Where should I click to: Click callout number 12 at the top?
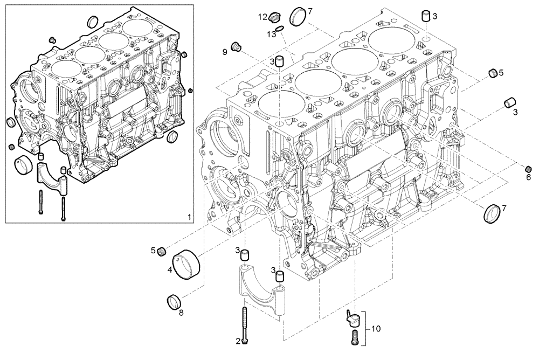point(262,17)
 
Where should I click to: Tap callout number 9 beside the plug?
point(225,51)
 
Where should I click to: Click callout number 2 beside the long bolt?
point(238,340)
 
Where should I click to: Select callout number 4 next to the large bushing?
point(169,270)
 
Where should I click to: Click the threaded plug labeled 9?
point(236,47)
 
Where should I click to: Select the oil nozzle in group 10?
point(353,318)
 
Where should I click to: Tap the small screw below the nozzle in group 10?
point(354,337)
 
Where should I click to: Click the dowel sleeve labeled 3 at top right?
point(425,15)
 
